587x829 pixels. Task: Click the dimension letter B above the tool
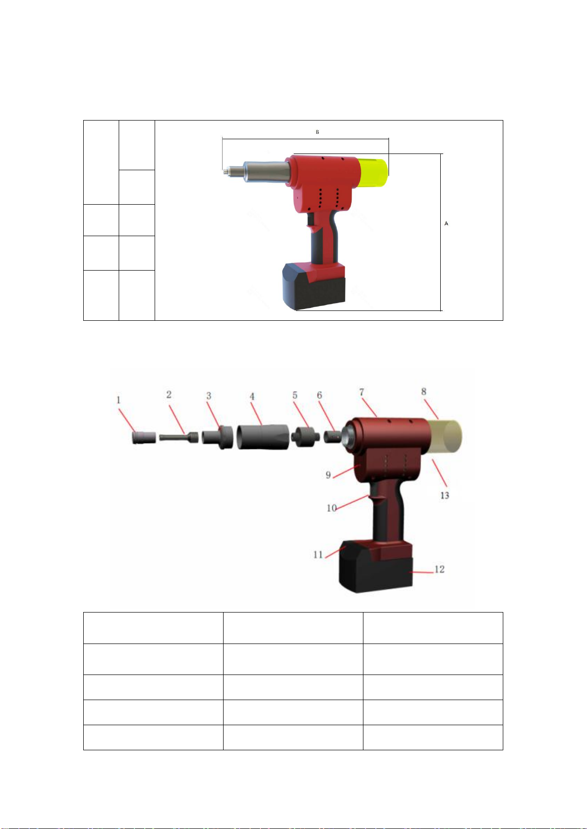[318, 132]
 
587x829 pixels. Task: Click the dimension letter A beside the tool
[446, 223]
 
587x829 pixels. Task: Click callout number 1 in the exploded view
[119, 399]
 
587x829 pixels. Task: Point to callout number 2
[169, 395]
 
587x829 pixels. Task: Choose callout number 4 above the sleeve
[252, 397]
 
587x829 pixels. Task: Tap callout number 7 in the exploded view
[362, 392]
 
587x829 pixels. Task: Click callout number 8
[424, 391]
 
